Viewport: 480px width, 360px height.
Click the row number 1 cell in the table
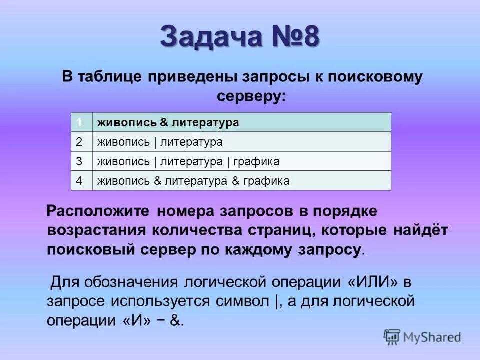(x=79, y=122)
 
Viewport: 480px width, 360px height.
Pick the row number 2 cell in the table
(x=79, y=142)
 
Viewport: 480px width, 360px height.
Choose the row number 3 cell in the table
(x=79, y=161)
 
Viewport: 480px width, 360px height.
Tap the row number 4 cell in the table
(x=79, y=181)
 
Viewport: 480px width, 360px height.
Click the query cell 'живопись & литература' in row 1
(x=168, y=122)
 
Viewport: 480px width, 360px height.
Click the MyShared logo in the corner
(x=422, y=337)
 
